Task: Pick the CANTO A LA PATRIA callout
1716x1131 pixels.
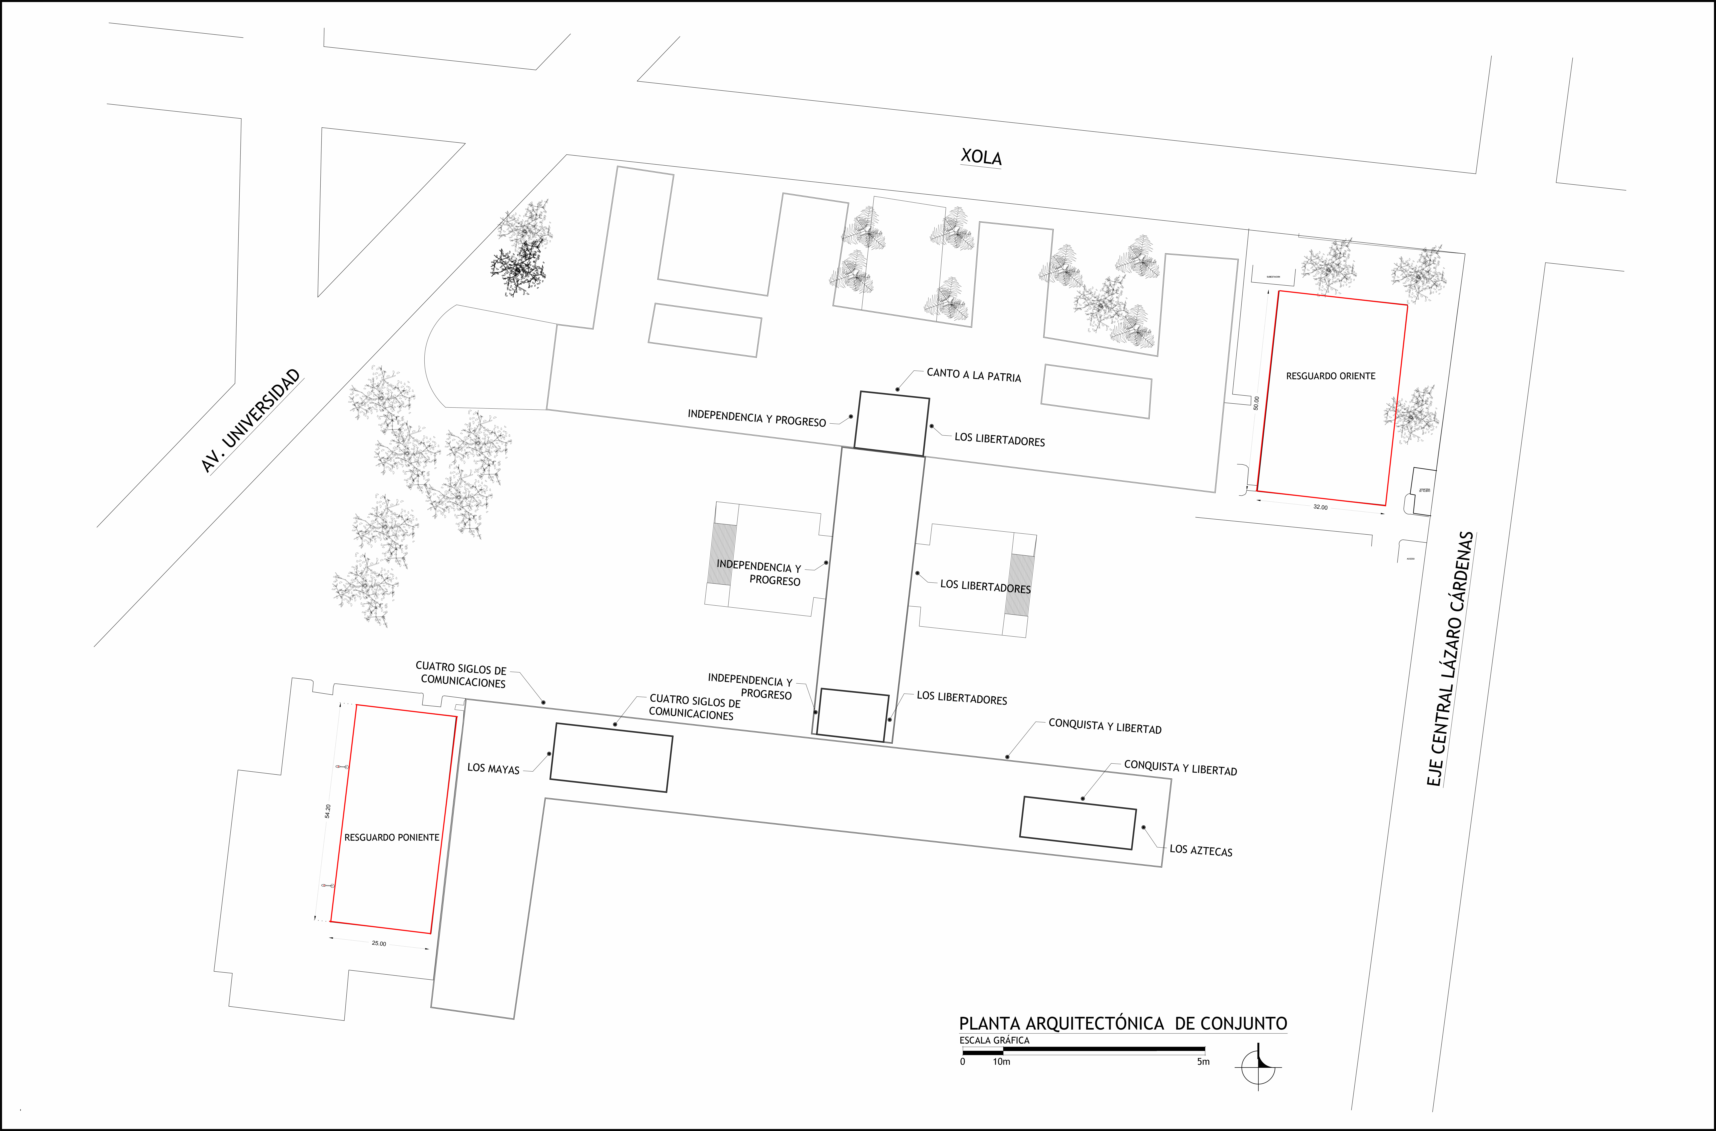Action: point(973,375)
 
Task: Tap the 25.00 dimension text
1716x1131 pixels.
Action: point(379,944)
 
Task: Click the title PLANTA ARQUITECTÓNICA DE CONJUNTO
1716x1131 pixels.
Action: point(1123,1024)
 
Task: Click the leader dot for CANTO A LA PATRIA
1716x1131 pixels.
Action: point(898,389)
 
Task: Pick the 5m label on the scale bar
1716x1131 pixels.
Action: point(1203,1062)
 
